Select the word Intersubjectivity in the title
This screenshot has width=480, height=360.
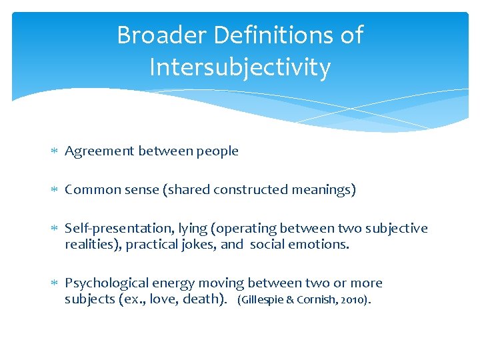240,67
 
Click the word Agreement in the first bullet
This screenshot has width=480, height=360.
99,151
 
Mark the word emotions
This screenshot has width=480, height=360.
323,244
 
